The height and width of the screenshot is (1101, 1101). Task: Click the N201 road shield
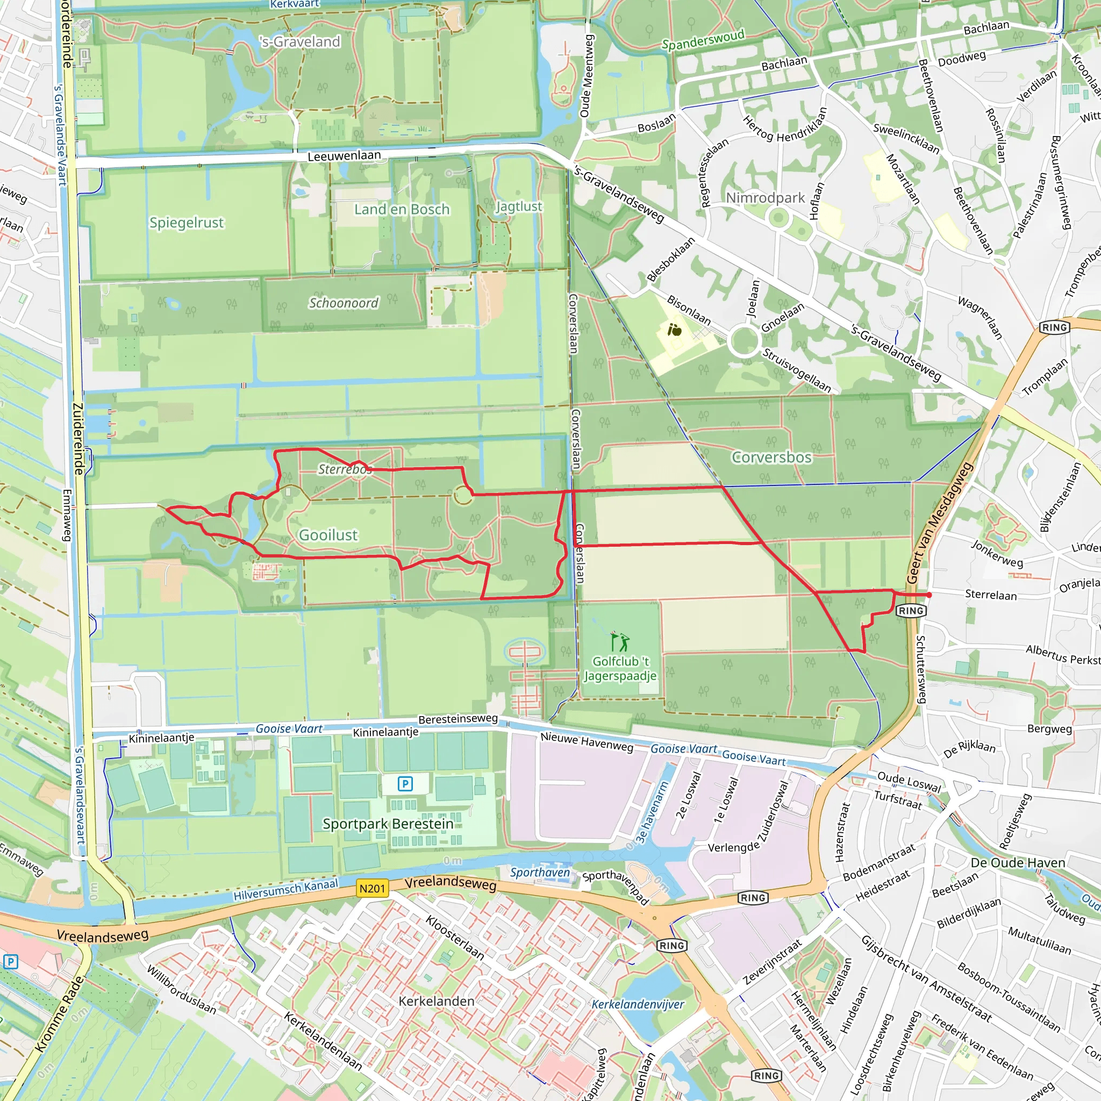(373, 889)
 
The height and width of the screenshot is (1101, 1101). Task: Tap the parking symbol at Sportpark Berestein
(405, 784)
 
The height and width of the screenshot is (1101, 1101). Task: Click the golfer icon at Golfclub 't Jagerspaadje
(619, 641)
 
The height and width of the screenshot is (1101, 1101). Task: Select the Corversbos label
(771, 457)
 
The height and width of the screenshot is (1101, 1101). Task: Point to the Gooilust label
(328, 534)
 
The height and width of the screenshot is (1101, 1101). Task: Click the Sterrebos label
(344, 469)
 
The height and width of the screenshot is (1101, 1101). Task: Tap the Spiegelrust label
(187, 222)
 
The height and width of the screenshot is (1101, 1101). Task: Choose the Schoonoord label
(343, 303)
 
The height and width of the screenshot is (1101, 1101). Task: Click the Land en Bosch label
(402, 209)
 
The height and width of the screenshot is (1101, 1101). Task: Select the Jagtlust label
(519, 206)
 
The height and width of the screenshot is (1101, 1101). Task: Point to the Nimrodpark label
(766, 198)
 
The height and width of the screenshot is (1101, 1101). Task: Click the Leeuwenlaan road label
(344, 155)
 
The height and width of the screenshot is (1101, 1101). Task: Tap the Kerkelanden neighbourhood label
(437, 1000)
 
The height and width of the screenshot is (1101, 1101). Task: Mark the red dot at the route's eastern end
(930, 595)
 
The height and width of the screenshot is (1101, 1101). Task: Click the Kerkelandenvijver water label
(638, 1004)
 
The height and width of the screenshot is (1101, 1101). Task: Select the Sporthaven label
(540, 873)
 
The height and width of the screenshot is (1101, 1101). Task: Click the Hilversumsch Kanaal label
(285, 890)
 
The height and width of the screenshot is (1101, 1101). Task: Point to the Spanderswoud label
(703, 39)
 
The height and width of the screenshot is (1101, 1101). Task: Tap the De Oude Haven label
(1018, 863)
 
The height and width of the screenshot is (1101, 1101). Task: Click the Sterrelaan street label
(990, 595)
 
